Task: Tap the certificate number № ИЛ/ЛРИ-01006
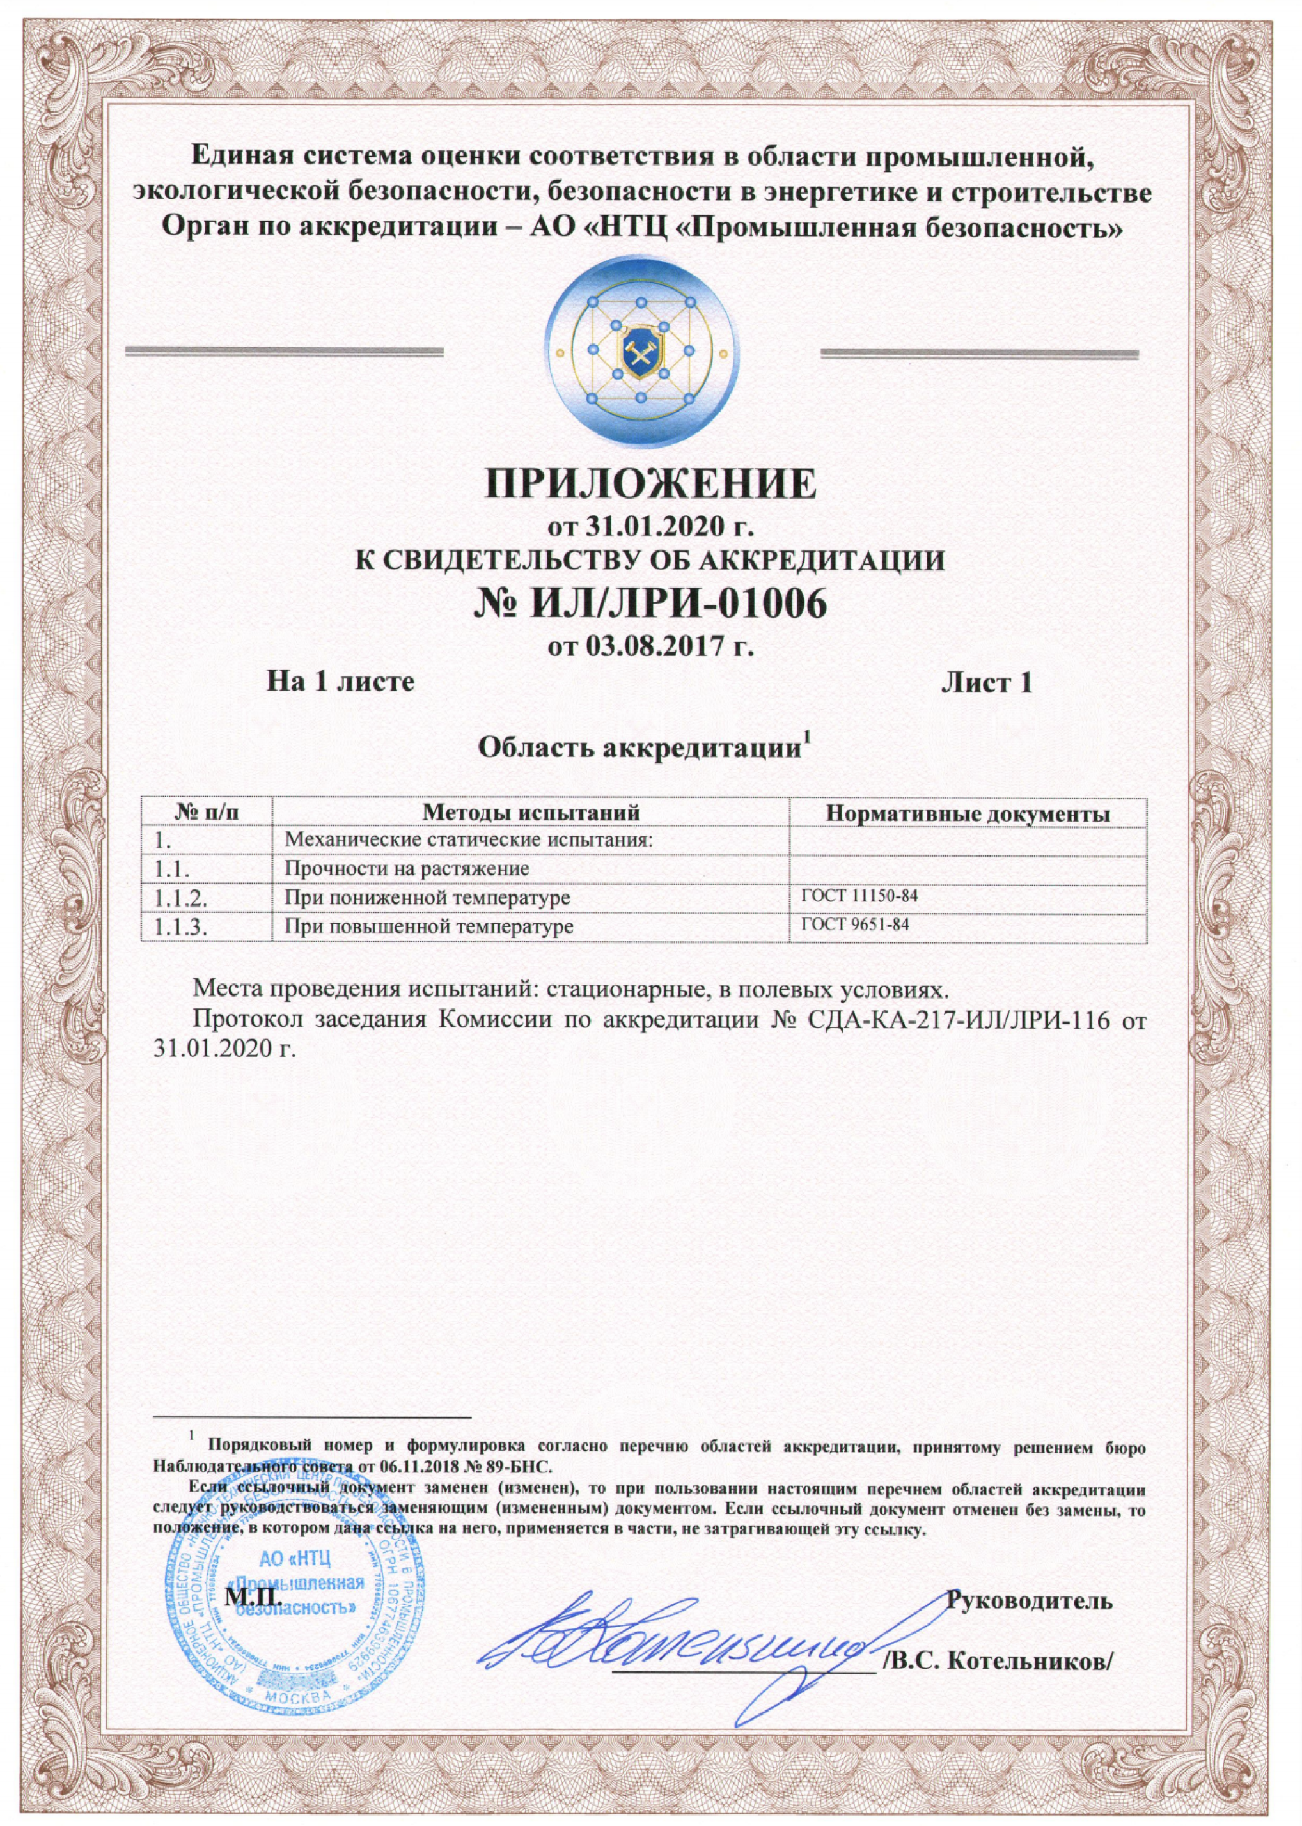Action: pos(650,605)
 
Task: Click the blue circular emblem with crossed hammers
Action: pos(651,354)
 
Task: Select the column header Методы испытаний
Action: pos(531,813)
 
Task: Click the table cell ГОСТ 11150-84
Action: pos(859,895)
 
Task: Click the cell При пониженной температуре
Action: pos(427,898)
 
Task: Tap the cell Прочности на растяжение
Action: pos(407,869)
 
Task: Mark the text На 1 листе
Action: pos(340,682)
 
